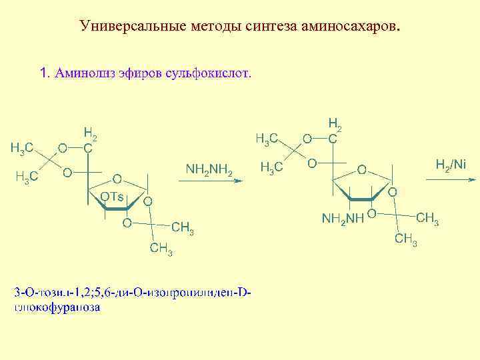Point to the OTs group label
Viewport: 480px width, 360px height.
tap(111, 196)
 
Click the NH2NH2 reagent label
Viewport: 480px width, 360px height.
tap(209, 171)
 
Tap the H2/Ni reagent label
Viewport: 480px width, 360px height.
tap(451, 164)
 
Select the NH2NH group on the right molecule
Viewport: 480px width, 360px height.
tap(343, 218)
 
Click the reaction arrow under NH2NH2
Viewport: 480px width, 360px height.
tap(209, 186)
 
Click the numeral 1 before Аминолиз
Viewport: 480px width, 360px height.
tap(44, 73)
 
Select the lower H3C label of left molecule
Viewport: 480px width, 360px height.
tap(27, 177)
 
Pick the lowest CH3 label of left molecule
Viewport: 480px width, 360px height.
tap(162, 250)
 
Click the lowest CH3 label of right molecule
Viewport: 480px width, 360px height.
tap(405, 240)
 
